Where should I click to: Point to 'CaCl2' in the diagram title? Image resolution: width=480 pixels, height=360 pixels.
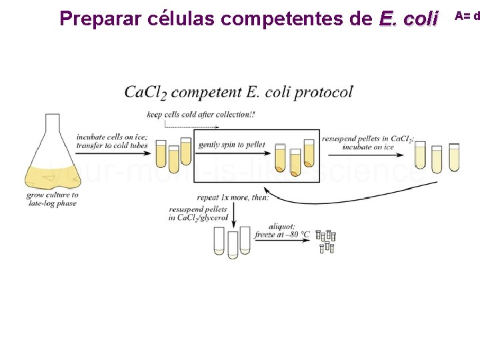point(147,92)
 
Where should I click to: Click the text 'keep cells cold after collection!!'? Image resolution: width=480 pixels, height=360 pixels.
point(201,114)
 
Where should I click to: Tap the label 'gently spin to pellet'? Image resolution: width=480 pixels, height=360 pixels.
point(232,145)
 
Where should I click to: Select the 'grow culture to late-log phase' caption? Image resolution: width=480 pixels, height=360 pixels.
point(52,199)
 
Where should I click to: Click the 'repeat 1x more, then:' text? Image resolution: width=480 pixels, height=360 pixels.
point(233,197)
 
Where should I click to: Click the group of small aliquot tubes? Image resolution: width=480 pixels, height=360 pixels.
point(326,241)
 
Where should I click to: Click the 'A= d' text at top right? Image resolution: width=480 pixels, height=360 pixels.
point(467,15)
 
